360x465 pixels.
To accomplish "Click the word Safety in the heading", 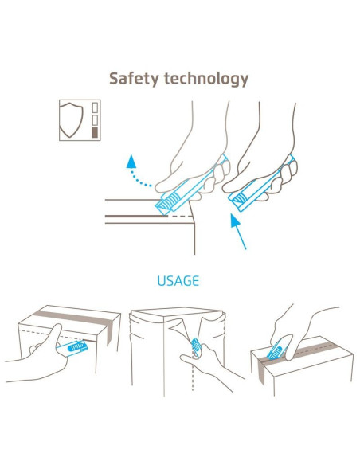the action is (134, 79).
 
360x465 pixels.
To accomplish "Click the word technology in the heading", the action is (206, 79).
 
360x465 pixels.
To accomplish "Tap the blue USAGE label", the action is (178, 281).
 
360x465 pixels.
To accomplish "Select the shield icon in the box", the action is (71, 119).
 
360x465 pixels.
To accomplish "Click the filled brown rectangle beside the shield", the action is (95, 132).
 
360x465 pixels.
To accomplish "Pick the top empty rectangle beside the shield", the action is (95, 107).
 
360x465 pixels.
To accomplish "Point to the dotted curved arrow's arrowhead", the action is (131, 162).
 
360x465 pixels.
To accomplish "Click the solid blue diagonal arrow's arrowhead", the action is (236, 221).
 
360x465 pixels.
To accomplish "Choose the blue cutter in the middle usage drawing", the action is (196, 347).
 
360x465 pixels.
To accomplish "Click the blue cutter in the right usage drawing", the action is (276, 351).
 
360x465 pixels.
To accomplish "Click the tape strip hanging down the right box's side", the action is (260, 372).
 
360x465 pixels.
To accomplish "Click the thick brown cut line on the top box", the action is (136, 217).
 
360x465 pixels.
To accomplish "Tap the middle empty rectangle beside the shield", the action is (95, 120).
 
